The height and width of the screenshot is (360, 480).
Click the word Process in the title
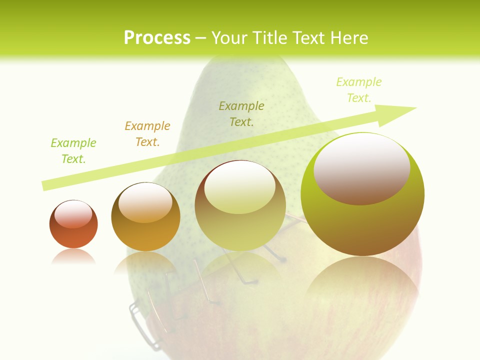[x=157, y=37]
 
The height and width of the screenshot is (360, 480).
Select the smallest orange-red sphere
[x=73, y=225]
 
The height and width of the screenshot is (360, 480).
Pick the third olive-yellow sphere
[x=240, y=206]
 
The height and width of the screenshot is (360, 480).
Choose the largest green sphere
[x=362, y=195]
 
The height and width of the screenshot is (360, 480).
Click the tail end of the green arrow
[x=46, y=185]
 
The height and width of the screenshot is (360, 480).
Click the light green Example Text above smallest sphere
[x=73, y=151]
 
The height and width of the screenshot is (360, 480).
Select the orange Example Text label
[x=147, y=133]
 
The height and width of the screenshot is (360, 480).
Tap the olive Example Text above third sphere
[x=241, y=113]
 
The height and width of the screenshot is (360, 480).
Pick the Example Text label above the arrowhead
[x=359, y=89]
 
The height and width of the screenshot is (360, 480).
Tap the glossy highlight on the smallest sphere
[x=73, y=214]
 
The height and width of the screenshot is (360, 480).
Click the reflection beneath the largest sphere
[x=362, y=280]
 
